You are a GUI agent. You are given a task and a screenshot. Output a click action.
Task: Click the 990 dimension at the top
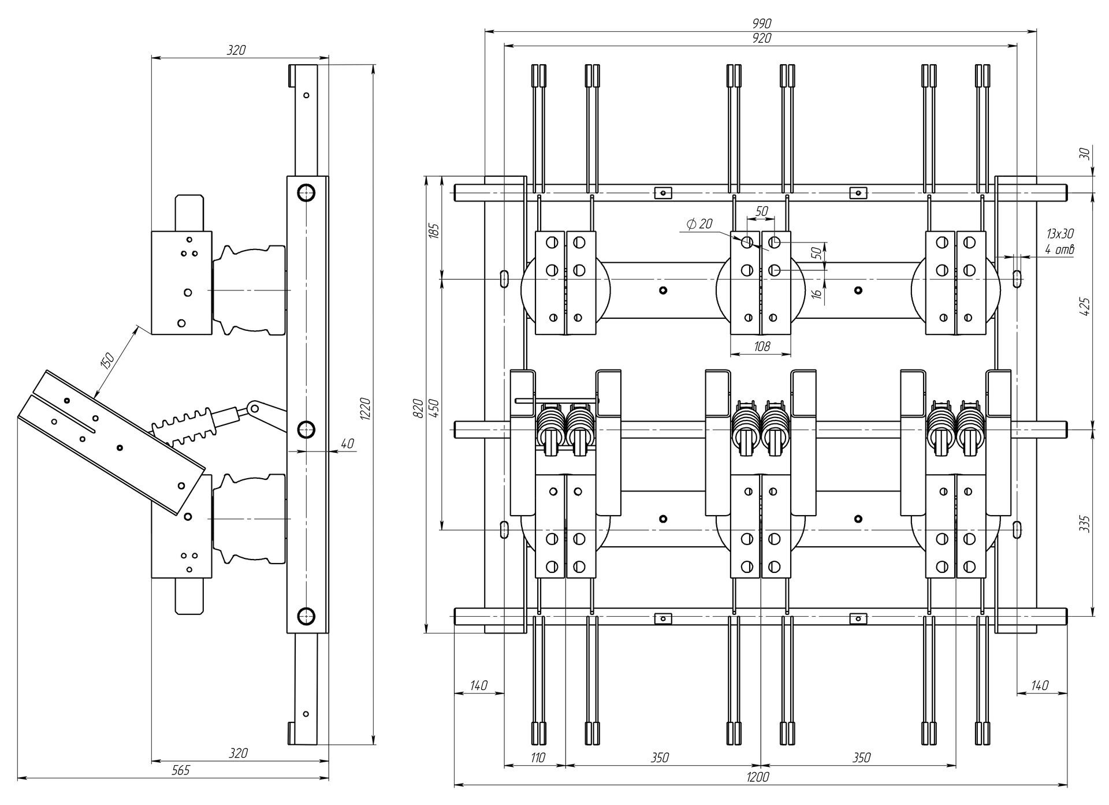point(762,24)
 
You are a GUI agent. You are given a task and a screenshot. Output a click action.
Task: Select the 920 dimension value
point(762,39)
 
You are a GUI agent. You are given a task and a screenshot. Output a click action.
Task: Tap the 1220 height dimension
point(366,408)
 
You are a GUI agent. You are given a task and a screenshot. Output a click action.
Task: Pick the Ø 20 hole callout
point(699,223)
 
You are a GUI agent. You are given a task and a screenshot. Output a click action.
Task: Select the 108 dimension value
point(762,346)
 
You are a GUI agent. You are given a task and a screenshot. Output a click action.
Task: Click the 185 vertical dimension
point(434,230)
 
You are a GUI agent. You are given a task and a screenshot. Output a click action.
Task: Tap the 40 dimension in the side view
point(347,444)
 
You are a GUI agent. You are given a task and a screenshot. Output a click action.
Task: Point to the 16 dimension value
point(816,293)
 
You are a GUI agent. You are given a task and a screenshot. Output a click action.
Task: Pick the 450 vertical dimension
point(434,408)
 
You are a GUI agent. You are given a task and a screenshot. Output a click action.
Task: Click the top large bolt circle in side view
point(306,192)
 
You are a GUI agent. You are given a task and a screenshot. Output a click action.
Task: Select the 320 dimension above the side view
point(236,50)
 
